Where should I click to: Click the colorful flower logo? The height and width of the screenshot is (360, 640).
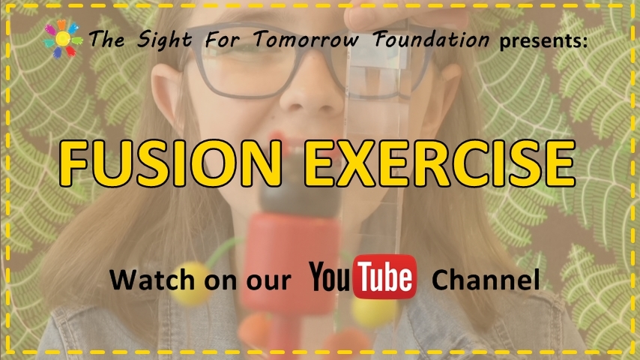(x=63, y=39)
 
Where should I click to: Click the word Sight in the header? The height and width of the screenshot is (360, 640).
(x=164, y=40)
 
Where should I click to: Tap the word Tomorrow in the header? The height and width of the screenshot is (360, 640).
(x=306, y=39)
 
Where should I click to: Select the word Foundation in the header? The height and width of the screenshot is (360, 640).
(x=431, y=39)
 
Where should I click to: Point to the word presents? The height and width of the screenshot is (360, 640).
(x=543, y=40)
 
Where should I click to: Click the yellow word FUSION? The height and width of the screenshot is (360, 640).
(x=170, y=163)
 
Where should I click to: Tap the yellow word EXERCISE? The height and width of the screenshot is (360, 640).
(x=439, y=163)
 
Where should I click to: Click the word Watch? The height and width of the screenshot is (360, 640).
(x=152, y=280)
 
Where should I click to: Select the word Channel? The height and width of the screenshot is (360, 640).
(x=486, y=280)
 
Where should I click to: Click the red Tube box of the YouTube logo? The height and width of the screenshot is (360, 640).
(x=384, y=277)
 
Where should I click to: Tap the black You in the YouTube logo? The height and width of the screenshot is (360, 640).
(x=330, y=277)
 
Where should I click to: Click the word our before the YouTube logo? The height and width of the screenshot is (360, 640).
(x=268, y=281)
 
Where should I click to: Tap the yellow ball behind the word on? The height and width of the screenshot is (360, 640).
(x=191, y=283)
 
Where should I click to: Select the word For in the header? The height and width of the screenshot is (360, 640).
(x=223, y=40)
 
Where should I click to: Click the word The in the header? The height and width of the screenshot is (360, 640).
(x=106, y=39)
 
